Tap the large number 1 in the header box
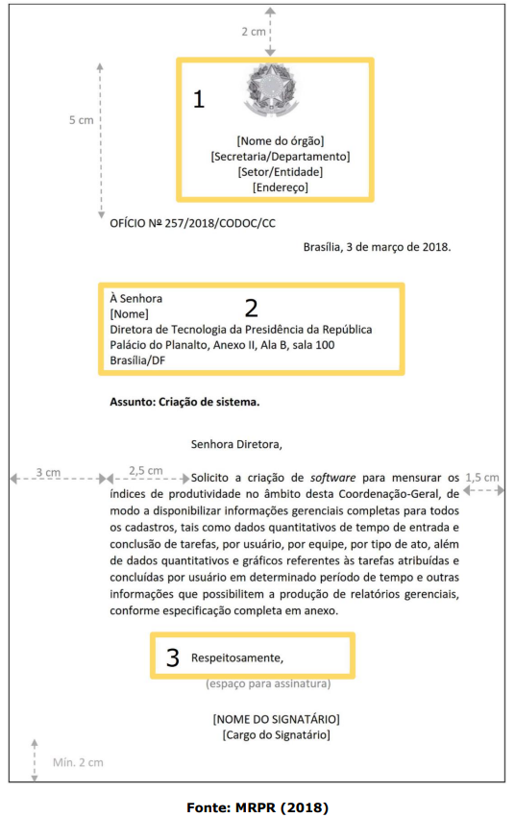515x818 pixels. (199, 99)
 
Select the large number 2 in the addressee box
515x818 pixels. (252, 308)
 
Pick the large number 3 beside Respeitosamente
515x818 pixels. (173, 657)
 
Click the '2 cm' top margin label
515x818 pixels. (254, 32)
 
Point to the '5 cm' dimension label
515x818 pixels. (82, 120)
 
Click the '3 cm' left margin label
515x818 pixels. (48, 472)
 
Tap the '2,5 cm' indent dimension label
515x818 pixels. (145, 471)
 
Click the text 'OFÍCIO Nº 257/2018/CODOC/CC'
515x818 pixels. (185, 222)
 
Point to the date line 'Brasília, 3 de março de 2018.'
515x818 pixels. (377, 247)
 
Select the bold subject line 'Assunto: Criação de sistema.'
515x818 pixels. (184, 401)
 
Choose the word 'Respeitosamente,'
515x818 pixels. (237, 658)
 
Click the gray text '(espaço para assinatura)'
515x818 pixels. (268, 684)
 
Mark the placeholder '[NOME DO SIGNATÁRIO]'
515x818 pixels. (276, 719)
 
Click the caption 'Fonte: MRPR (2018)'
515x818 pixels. (257, 807)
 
